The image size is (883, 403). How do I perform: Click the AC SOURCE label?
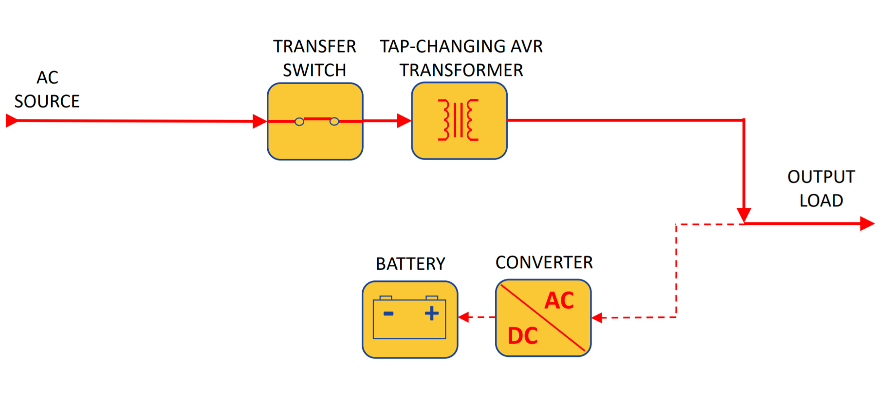tap(47, 90)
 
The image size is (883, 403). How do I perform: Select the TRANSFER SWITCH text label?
tap(314, 58)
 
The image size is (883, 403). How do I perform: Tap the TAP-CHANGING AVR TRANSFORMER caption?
tap(461, 58)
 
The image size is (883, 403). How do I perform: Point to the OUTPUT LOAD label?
tap(821, 188)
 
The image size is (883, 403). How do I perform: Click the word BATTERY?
tap(410, 264)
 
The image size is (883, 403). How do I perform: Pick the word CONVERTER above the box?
tap(544, 263)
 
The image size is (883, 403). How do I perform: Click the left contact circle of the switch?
tap(299, 122)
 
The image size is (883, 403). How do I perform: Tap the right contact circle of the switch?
tap(334, 121)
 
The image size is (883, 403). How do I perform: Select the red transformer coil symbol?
tap(458, 120)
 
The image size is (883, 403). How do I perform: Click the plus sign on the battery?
tap(432, 313)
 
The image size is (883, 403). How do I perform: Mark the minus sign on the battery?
tap(388, 313)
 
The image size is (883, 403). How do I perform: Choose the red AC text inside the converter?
tap(559, 300)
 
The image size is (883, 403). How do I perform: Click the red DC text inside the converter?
tap(523, 336)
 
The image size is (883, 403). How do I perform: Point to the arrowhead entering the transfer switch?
tap(259, 121)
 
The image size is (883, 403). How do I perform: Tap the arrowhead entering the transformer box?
tap(404, 121)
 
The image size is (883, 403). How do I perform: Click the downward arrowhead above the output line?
tap(744, 215)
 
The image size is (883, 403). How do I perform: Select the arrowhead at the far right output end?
tap(867, 223)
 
